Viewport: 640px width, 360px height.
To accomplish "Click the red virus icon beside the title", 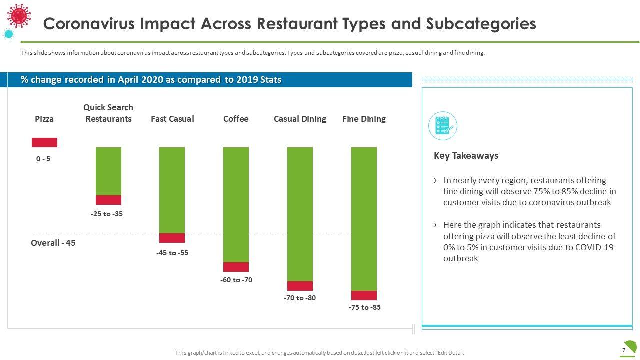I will point(19,15).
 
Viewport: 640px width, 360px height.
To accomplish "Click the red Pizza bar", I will point(44,142).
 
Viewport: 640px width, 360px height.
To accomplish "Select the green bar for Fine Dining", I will point(364,218).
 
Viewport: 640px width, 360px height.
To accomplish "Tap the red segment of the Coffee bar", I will point(236,267).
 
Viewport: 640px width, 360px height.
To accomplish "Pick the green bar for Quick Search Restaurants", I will point(108,171).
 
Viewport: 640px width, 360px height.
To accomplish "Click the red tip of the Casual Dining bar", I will point(300,286).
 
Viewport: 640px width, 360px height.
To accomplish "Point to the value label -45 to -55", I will point(172,253).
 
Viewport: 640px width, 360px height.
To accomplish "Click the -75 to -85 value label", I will point(364,307).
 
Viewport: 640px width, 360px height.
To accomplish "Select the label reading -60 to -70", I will point(236,280).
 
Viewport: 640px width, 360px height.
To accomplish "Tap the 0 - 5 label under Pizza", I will point(43,159).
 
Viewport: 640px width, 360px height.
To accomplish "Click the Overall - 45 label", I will point(53,243).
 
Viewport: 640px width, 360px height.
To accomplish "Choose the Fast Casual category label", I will point(172,119).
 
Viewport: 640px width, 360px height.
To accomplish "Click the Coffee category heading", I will point(236,119).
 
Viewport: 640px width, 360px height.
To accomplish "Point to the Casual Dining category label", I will point(300,119).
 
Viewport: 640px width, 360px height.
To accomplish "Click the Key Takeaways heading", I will point(466,156).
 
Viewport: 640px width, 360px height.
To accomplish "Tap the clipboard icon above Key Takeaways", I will point(443,126).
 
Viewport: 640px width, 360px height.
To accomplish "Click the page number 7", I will point(624,350).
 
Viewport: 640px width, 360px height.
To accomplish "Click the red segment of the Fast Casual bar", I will point(172,238).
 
